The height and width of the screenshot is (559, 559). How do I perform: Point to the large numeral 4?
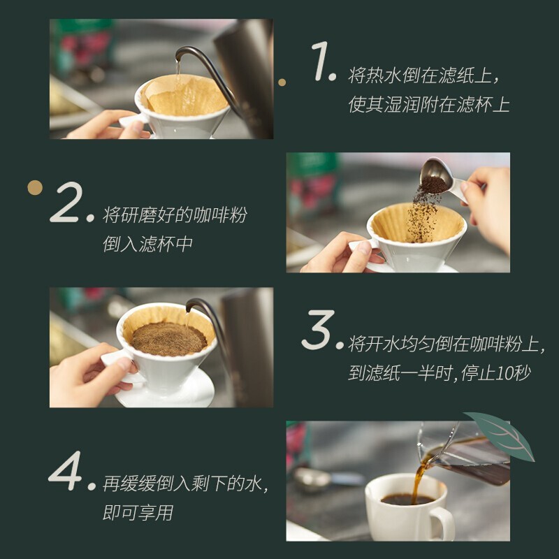(x=67, y=472)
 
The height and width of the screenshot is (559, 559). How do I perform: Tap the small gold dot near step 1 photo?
(x=282, y=82)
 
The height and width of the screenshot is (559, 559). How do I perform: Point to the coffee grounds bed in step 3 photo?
(x=169, y=338)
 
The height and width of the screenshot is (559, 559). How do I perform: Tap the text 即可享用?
(x=138, y=513)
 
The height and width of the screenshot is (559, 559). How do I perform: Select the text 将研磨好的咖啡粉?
(x=175, y=216)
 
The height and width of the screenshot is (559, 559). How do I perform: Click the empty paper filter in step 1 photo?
(x=184, y=95)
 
